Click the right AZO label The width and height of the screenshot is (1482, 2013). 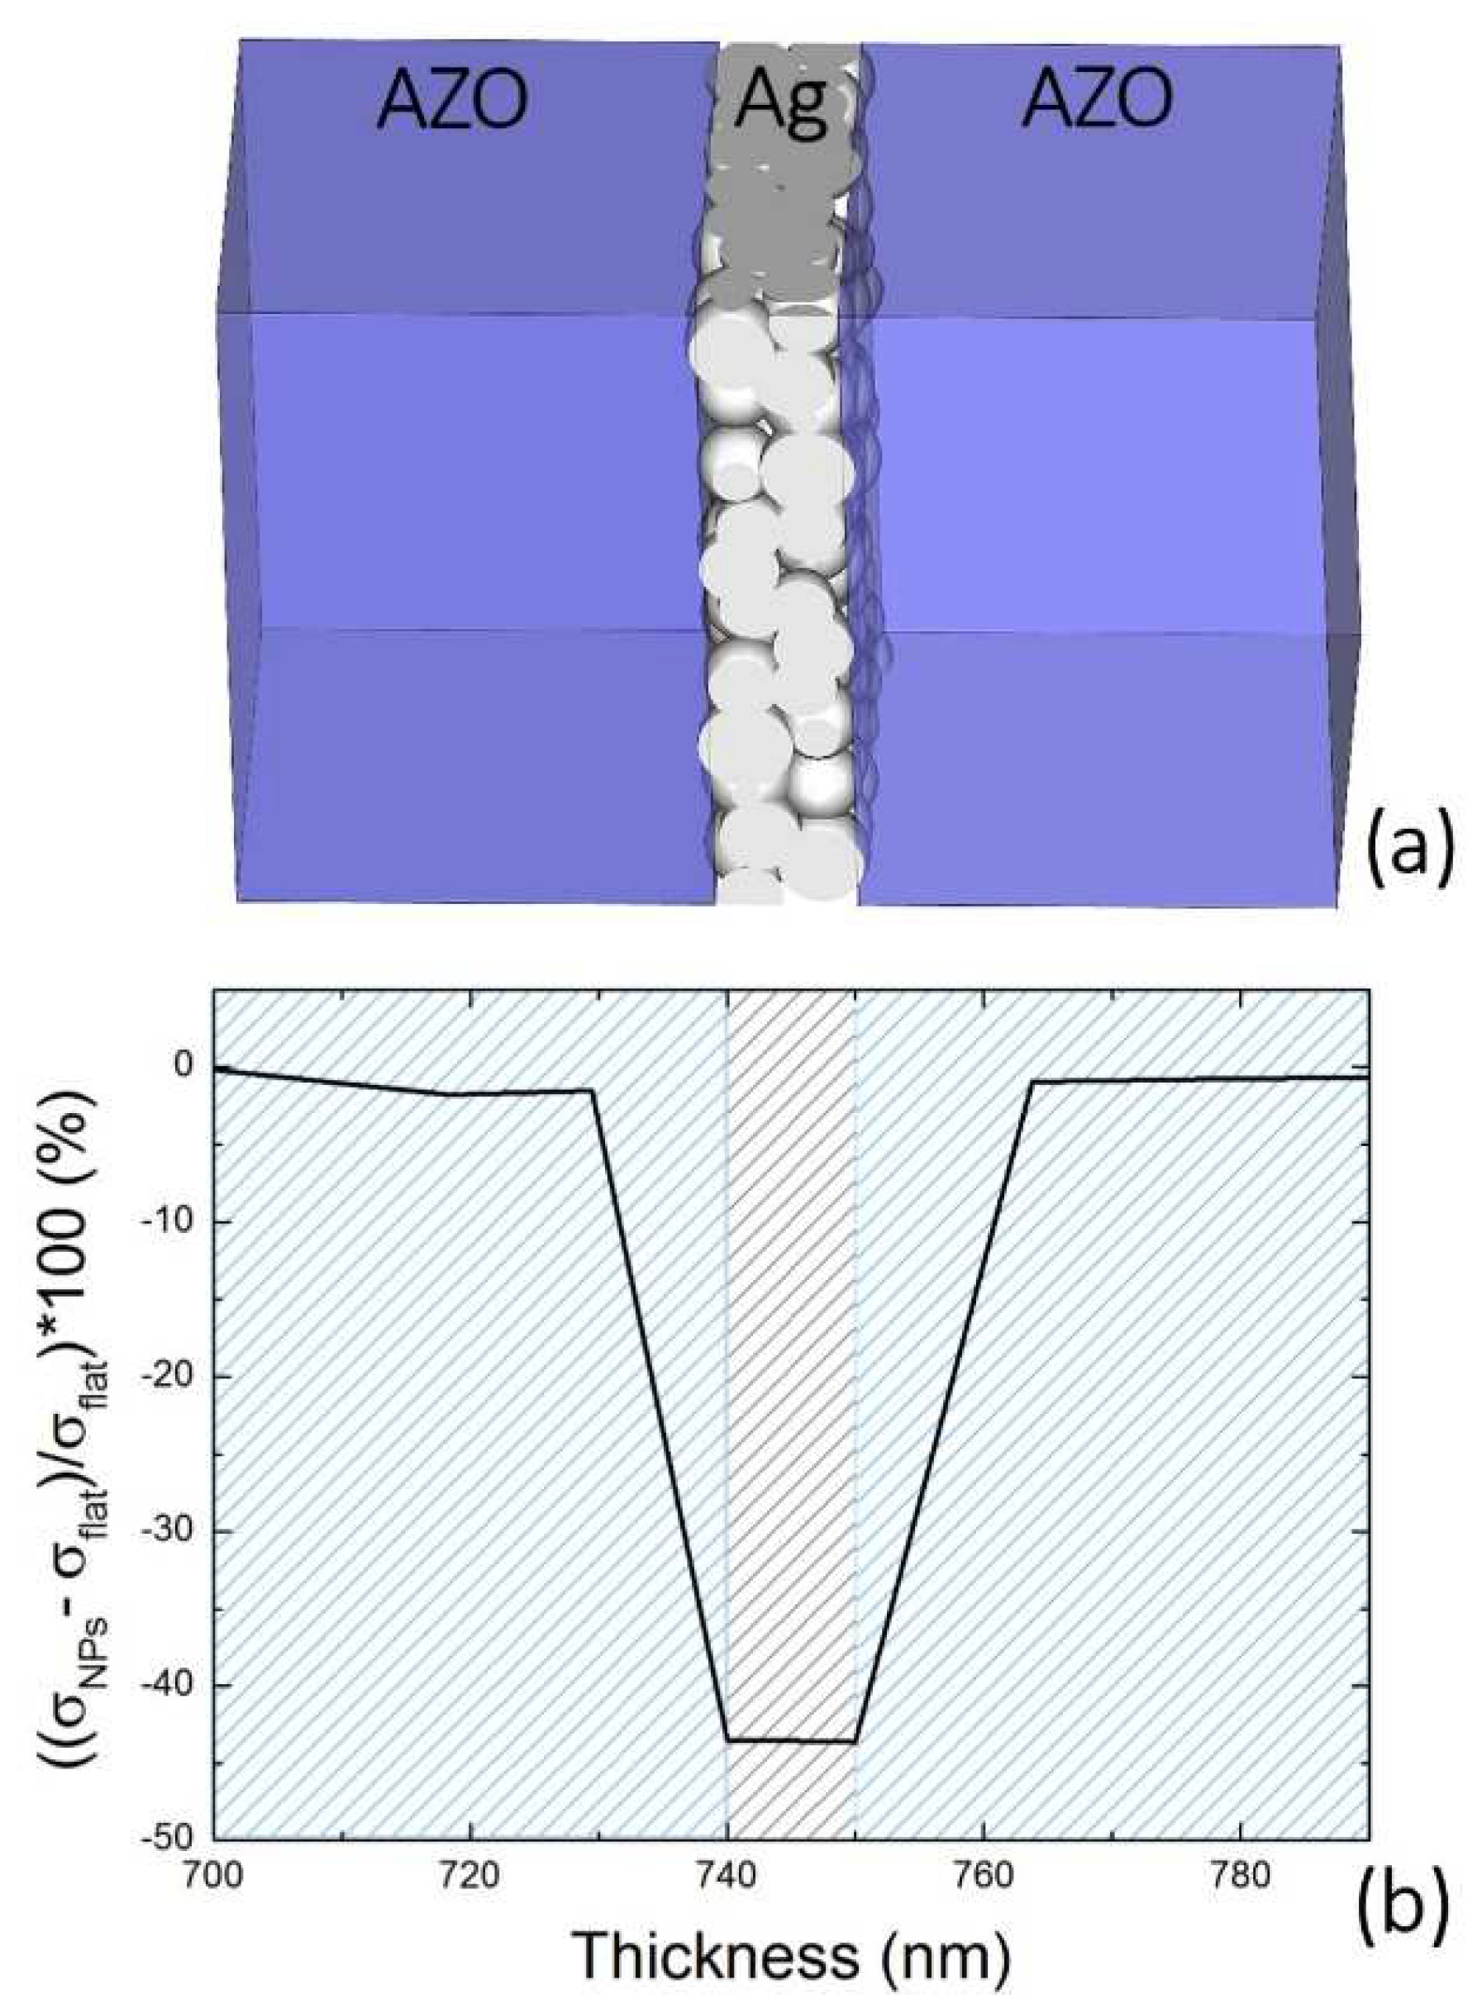pos(1097,102)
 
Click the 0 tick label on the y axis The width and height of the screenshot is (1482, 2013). pos(183,1066)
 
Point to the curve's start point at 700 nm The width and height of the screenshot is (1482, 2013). pos(215,1068)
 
